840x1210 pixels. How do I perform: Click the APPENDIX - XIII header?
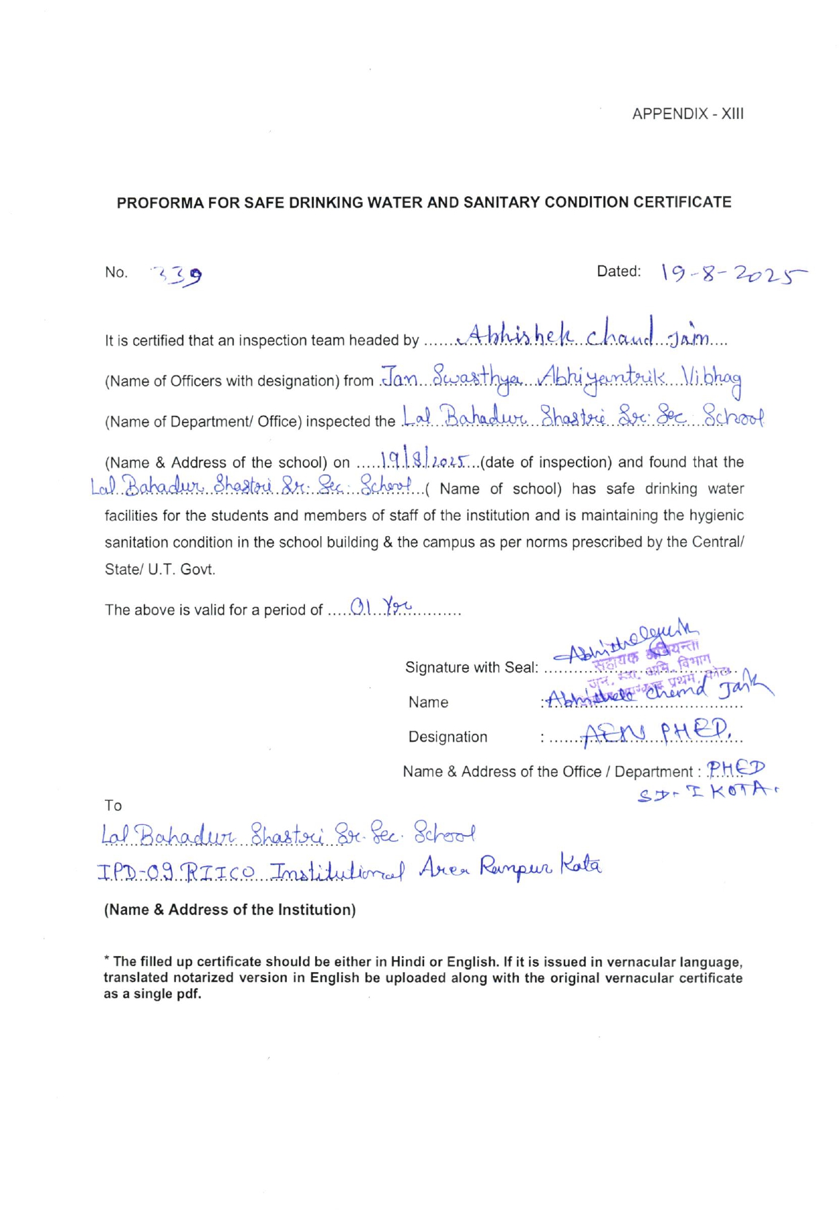[687, 114]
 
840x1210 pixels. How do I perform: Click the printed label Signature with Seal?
[472, 667]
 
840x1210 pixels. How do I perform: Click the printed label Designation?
[448, 737]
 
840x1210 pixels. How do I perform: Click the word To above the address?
[113, 806]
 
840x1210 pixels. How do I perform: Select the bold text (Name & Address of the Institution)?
[230, 910]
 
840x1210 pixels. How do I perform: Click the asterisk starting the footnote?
[106, 961]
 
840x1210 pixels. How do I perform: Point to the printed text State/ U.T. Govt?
[160, 569]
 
